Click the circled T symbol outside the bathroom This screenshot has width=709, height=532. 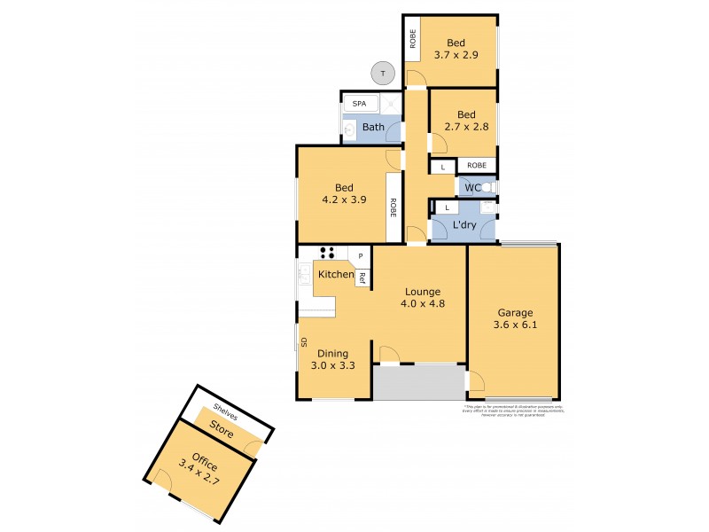382,74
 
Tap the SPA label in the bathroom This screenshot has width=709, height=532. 359,104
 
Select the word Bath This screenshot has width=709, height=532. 373,128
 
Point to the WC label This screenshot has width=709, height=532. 472,187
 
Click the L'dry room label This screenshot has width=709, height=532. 464,226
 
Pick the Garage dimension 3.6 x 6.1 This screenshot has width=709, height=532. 514,325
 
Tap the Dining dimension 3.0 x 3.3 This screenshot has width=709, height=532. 328,365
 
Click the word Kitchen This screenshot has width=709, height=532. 336,275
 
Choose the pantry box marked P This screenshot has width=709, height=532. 361,257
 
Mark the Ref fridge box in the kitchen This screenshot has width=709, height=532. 362,278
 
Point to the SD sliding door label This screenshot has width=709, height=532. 302,341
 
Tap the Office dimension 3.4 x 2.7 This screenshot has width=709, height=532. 199,475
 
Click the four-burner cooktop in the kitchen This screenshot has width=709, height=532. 327,252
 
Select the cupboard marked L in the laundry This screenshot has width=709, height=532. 448,207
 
